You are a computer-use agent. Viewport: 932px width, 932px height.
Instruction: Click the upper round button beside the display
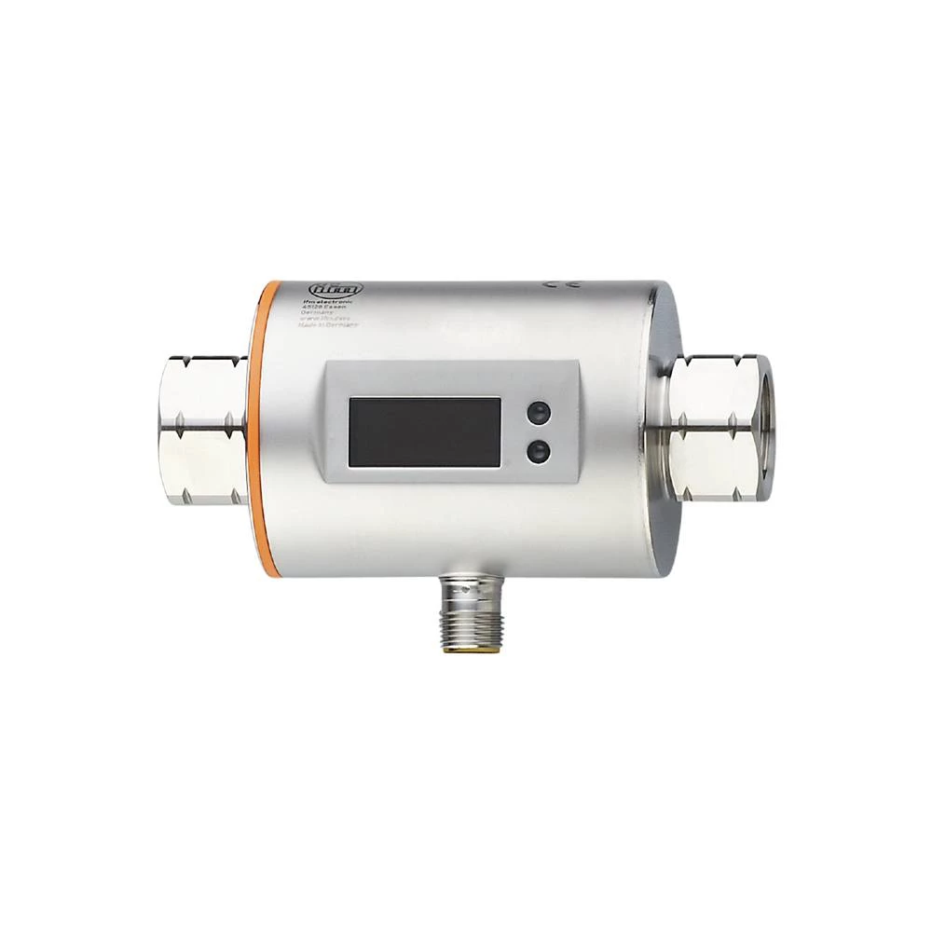coord(535,413)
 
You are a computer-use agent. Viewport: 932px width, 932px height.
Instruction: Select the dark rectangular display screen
coord(424,432)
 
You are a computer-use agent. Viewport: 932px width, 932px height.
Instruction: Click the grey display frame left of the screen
coord(336,431)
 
